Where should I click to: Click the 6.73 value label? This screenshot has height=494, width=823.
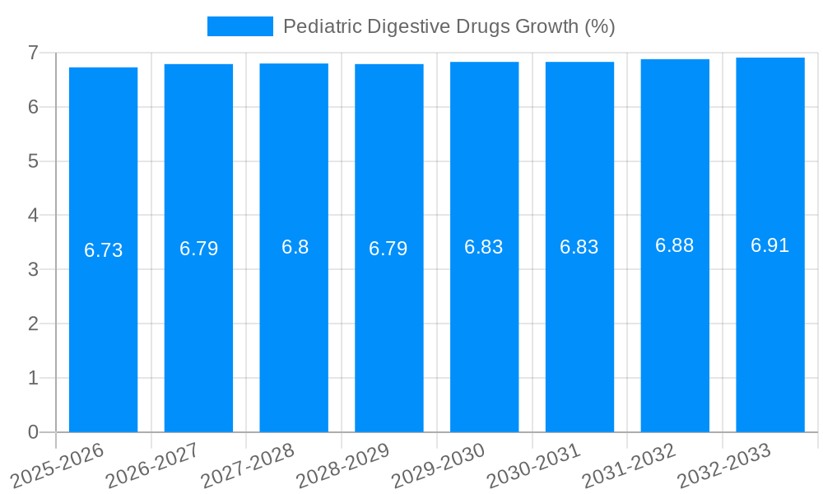click(x=104, y=250)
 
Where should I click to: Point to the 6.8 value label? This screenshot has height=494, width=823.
click(x=295, y=247)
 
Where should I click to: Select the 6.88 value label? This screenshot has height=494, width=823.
click(x=674, y=245)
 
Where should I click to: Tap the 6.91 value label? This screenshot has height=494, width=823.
click(x=770, y=245)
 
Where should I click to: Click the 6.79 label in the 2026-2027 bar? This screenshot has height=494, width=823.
click(x=198, y=249)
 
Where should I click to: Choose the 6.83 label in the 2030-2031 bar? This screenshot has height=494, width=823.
click(x=579, y=247)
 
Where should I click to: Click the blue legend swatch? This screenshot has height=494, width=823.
click(x=239, y=26)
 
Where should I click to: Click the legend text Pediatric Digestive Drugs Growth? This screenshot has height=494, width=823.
click(x=449, y=26)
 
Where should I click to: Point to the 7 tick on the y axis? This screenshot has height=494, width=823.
click(x=33, y=53)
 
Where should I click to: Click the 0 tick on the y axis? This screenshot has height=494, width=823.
click(x=33, y=432)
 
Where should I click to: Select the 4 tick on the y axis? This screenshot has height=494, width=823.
click(x=33, y=216)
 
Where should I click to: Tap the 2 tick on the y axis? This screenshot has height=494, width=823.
click(x=33, y=324)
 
